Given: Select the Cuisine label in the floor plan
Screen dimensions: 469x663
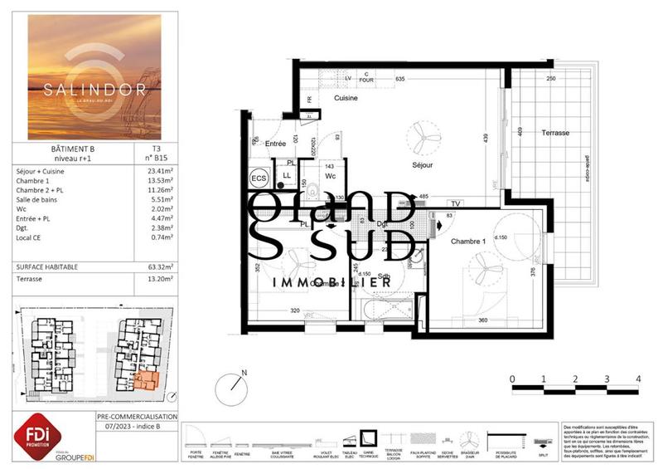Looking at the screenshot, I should tap(346, 98).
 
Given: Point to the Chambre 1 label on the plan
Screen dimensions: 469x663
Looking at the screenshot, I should tap(470, 242).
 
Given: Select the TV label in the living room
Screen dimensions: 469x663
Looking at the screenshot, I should tap(455, 203).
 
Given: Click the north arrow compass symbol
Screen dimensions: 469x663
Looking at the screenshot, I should tap(231, 388).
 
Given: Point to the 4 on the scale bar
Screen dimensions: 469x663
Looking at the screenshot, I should tap(637, 379).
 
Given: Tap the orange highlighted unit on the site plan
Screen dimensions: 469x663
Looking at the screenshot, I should tap(146, 380).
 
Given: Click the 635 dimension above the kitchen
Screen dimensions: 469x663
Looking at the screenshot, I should tap(399, 79).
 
